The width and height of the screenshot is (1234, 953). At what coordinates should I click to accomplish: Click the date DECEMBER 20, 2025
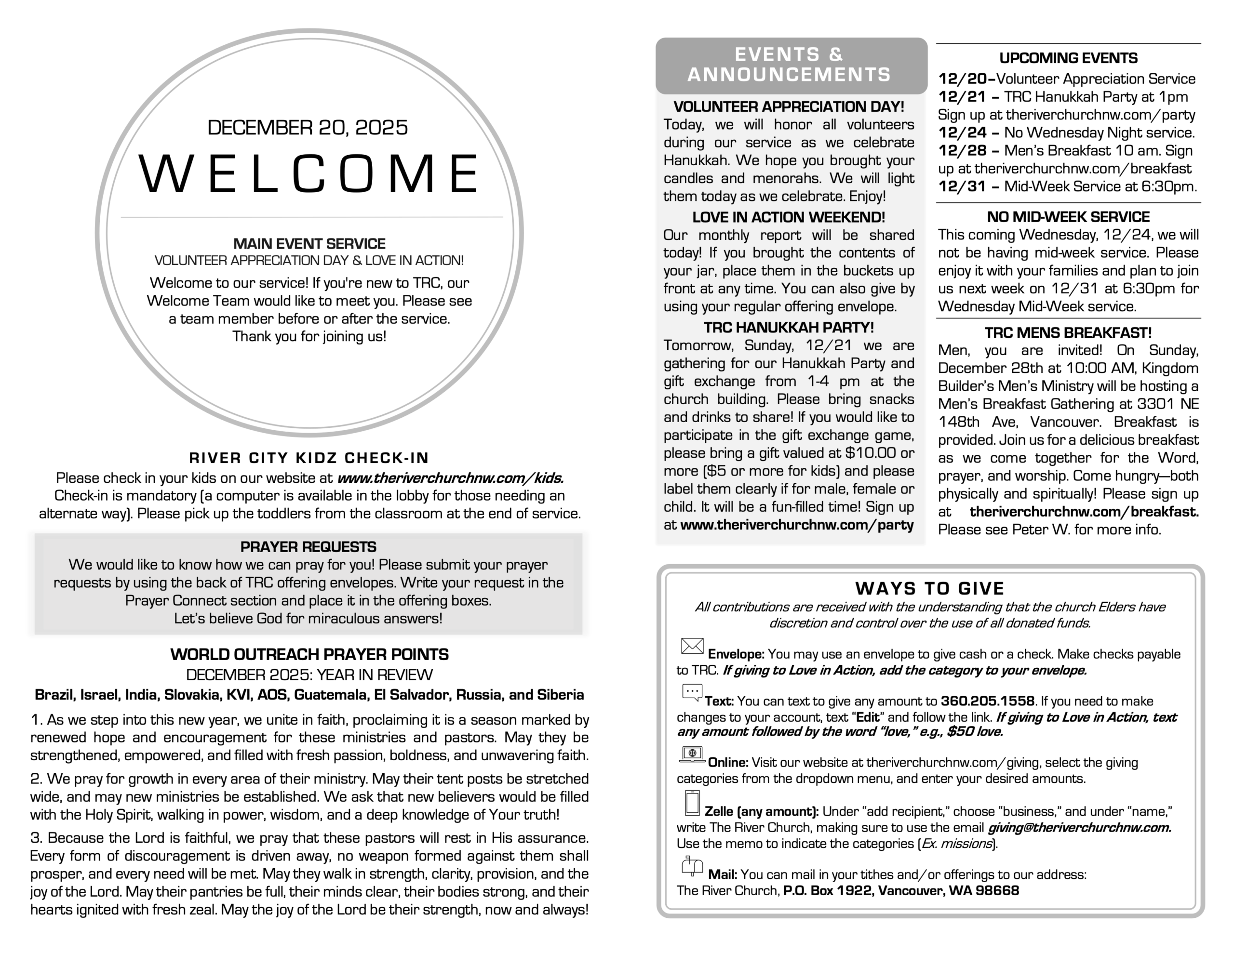pyautogui.click(x=308, y=128)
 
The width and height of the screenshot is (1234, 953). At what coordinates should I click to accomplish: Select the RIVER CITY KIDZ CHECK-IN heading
pyautogui.click(x=308, y=458)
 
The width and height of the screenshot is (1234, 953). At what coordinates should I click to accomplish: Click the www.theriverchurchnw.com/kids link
pyautogui.click(x=450, y=478)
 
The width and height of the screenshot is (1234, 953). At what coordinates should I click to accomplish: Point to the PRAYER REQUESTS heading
pyautogui.click(x=308, y=547)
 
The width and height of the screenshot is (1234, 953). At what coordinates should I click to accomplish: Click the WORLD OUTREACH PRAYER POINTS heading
pyautogui.click(x=309, y=654)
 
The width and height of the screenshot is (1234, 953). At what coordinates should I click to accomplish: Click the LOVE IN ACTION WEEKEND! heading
pyautogui.click(x=789, y=217)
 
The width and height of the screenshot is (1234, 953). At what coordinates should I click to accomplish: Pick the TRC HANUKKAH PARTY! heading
pyautogui.click(x=789, y=327)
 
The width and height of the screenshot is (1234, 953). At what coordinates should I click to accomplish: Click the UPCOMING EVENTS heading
pyautogui.click(x=1068, y=58)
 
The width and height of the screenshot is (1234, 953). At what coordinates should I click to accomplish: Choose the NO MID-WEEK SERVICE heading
pyautogui.click(x=1068, y=217)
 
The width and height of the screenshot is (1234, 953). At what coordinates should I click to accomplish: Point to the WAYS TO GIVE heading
pyautogui.click(x=929, y=589)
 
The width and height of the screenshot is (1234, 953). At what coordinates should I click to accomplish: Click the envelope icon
pyautogui.click(x=692, y=646)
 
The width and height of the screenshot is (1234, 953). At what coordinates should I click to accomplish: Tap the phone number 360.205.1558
pyautogui.click(x=987, y=701)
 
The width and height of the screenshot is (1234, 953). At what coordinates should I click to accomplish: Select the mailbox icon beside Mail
pyautogui.click(x=692, y=865)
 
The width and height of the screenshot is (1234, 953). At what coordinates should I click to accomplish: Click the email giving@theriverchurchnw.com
pyautogui.click(x=1079, y=828)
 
